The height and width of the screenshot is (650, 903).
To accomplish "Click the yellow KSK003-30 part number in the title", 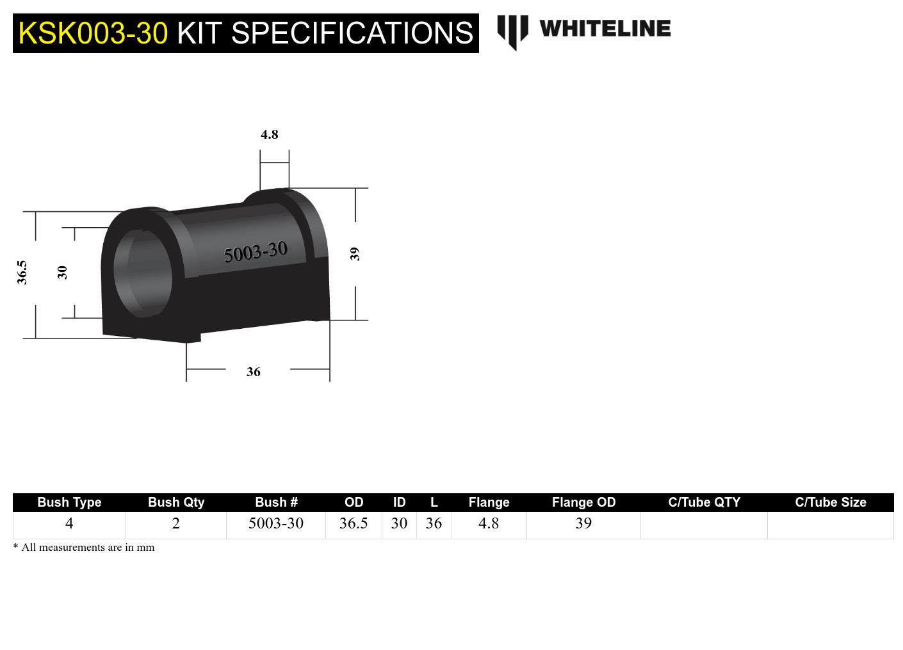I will [x=93, y=33].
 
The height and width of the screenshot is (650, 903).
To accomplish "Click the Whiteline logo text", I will [x=605, y=29].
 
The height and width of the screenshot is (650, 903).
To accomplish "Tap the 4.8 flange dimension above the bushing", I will [x=270, y=134].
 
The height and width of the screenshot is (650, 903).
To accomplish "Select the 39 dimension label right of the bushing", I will [x=355, y=254].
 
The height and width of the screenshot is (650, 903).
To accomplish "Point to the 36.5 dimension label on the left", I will [x=22, y=272].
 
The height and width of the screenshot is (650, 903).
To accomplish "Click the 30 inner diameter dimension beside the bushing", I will [x=62, y=273].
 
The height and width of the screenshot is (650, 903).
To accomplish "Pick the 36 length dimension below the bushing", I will [x=254, y=372].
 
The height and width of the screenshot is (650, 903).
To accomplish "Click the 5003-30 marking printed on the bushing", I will [x=256, y=252].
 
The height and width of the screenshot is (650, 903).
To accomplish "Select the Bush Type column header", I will [x=69, y=502].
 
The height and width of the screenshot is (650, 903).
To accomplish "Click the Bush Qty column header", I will [x=176, y=502].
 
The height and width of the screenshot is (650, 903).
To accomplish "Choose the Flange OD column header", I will [x=583, y=502].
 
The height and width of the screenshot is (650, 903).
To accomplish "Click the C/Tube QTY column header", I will [x=704, y=502].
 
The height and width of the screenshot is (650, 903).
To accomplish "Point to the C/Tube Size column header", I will [x=830, y=502].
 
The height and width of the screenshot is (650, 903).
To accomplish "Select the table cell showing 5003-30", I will [x=276, y=523].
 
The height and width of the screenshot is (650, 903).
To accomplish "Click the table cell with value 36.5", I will [x=354, y=523].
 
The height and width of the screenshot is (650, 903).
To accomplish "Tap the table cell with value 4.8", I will [x=489, y=523].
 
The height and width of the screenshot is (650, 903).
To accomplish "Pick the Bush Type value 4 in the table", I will [x=69, y=523].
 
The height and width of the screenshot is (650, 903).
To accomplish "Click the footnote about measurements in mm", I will [x=84, y=548].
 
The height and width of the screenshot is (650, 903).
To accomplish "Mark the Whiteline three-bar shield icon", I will [x=512, y=31].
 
